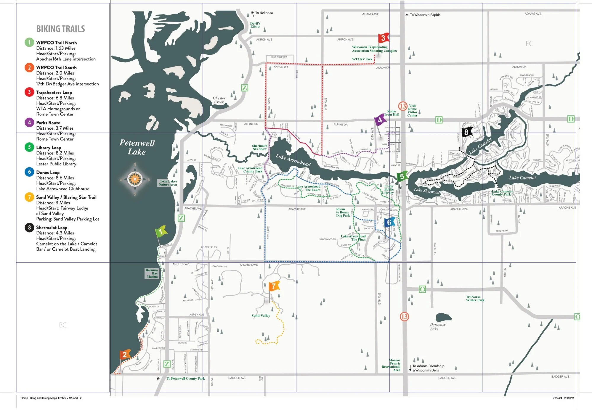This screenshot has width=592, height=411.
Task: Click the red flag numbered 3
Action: tap(383, 38)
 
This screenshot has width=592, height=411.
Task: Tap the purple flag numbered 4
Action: tap(380, 120)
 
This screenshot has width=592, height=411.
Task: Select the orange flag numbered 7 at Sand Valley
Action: tap(274, 286)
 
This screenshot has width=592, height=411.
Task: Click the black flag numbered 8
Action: tap(466, 132)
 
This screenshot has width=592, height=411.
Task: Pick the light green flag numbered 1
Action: tap(161, 232)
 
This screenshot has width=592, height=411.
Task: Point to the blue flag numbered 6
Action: tap(389, 222)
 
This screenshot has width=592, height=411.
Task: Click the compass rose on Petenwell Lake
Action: tap(135, 179)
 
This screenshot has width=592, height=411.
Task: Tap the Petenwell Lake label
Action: tap(137, 147)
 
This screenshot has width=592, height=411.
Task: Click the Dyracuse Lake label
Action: tap(437, 327)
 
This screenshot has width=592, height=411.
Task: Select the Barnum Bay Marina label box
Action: tap(152, 273)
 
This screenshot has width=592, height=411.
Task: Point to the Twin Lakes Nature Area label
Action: tap(168, 183)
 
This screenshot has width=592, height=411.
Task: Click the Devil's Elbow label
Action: tap(255, 25)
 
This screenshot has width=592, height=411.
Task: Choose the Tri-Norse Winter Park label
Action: tap(475, 298)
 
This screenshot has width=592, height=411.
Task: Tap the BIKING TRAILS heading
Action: tap(60, 29)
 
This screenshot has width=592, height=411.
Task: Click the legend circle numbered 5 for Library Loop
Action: tap(29, 147)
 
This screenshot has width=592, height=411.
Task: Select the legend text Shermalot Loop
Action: tap(52, 228)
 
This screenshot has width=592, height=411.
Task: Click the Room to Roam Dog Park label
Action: tap(343, 212)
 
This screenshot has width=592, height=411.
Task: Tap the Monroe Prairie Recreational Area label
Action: tap(392, 365)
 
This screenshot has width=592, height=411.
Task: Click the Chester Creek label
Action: tap(219, 100)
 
